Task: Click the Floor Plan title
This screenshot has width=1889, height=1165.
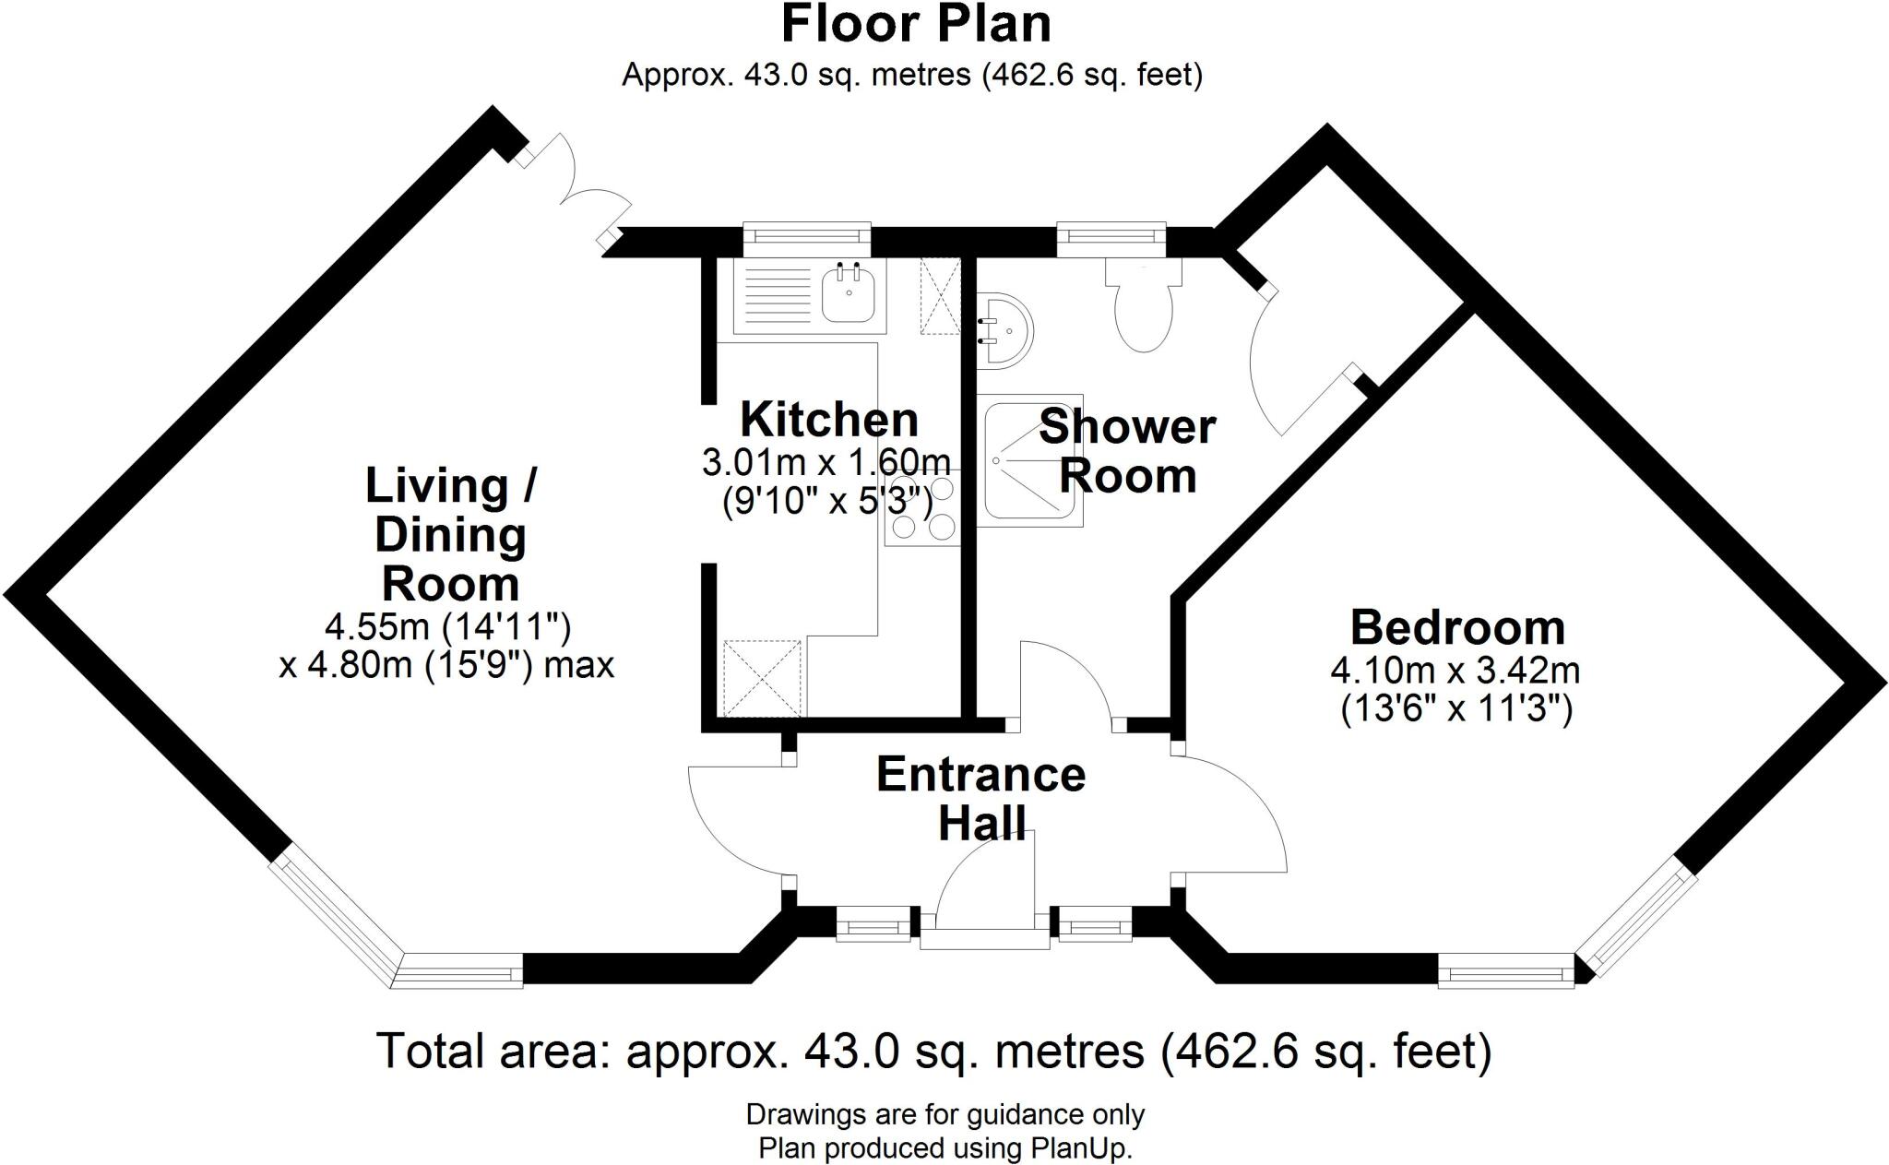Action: coord(915,25)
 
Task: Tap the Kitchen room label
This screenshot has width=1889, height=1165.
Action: coord(829,420)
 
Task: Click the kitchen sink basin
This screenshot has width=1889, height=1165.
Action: coord(202,293)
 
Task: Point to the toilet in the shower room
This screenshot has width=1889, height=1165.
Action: coord(1144,305)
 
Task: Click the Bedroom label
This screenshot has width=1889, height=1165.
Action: coord(1457,628)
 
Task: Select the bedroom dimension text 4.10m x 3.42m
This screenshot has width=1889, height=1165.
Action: coord(1455,671)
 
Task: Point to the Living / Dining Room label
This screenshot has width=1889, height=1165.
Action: coord(451,535)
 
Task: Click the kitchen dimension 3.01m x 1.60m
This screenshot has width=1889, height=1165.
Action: coord(826,461)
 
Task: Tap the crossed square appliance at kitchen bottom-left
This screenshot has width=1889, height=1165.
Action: coord(763,679)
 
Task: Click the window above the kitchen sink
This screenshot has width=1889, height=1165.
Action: coord(806,238)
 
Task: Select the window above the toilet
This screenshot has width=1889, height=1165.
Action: coord(1111,238)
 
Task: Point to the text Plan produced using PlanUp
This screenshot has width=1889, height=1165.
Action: coord(944,1148)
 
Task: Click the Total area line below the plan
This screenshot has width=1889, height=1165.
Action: coord(933,1052)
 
